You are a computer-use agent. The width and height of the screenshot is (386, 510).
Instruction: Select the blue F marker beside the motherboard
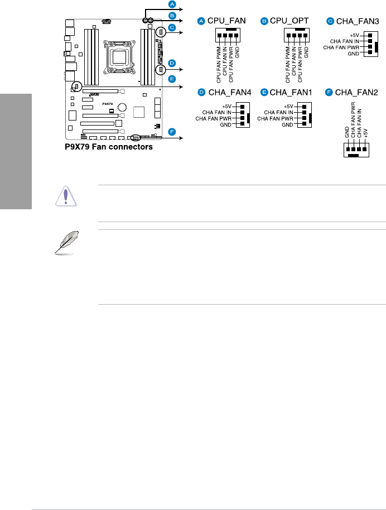pyautogui.click(x=172, y=132)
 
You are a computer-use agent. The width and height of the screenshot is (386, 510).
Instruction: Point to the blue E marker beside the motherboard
pyautogui.click(x=172, y=79)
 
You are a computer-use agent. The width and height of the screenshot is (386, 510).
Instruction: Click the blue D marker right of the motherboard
pyautogui.click(x=172, y=63)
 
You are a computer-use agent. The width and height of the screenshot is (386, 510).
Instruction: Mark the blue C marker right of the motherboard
pyautogui.click(x=172, y=27)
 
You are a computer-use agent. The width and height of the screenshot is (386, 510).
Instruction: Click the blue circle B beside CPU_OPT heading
pyautogui.click(x=264, y=21)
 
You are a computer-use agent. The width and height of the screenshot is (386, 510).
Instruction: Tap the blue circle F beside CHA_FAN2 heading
pyautogui.click(x=330, y=93)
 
